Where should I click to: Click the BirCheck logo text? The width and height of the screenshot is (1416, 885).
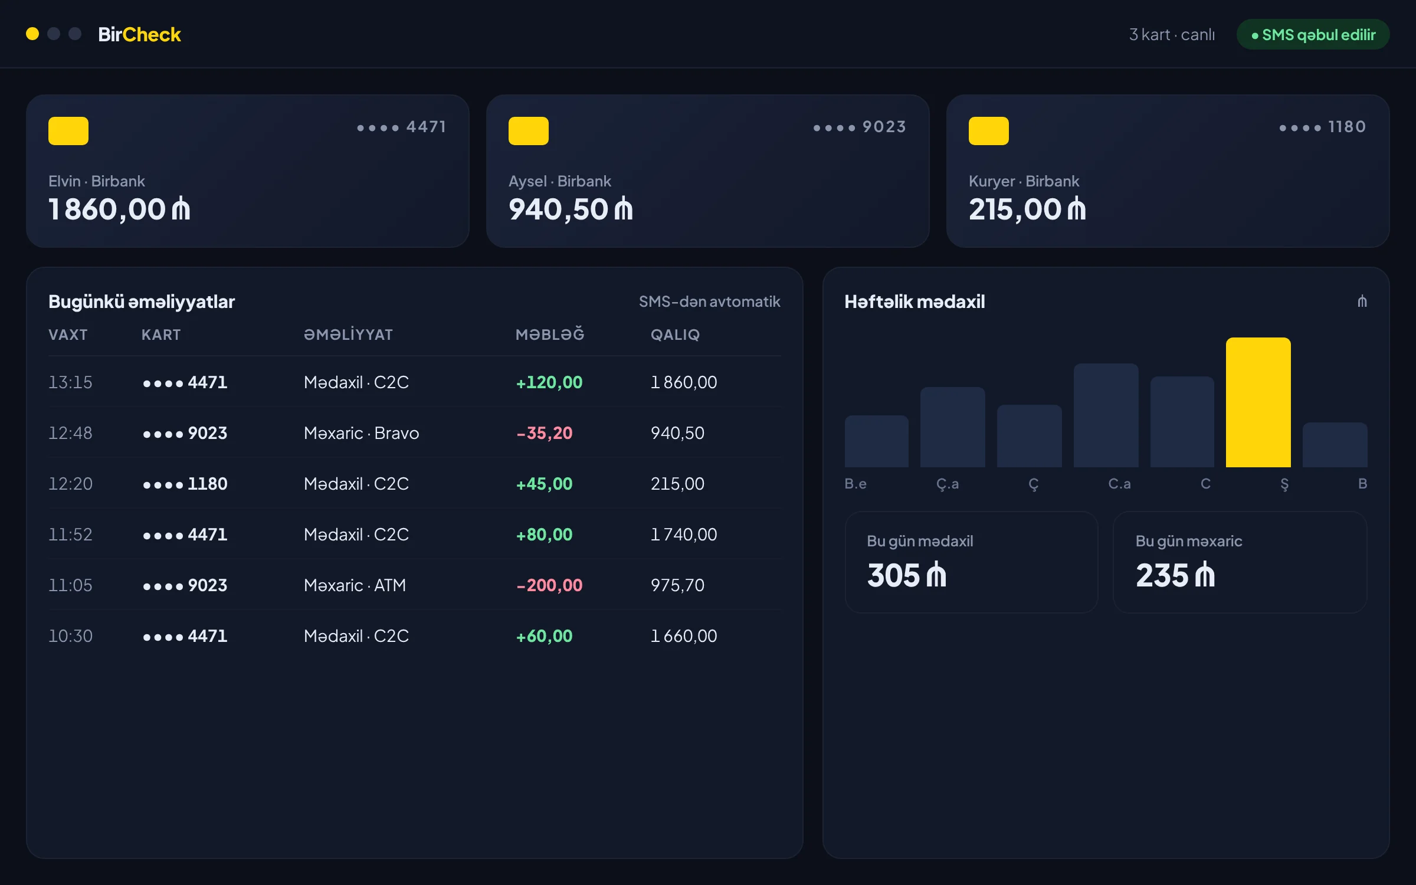click(x=139, y=34)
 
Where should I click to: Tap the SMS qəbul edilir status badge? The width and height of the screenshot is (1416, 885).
click(x=1313, y=34)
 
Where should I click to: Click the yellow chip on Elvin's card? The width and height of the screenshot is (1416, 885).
click(x=68, y=130)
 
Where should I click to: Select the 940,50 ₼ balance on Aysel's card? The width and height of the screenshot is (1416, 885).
click(x=571, y=209)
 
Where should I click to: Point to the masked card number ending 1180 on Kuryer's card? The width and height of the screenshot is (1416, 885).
click(x=1323, y=127)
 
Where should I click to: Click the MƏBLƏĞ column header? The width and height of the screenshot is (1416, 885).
click(x=550, y=334)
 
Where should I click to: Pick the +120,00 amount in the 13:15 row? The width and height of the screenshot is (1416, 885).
click(x=549, y=382)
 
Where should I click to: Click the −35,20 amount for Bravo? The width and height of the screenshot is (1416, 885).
click(x=545, y=433)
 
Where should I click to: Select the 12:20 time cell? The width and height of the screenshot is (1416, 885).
click(x=70, y=484)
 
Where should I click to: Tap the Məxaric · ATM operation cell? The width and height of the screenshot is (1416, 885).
click(x=355, y=585)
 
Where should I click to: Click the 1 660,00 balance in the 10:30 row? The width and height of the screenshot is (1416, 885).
click(x=684, y=636)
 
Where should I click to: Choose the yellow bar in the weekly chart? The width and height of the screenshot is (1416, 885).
click(x=1258, y=402)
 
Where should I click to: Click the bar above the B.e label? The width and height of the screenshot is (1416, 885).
click(x=877, y=441)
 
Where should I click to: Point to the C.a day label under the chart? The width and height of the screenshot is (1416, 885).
click(x=1119, y=484)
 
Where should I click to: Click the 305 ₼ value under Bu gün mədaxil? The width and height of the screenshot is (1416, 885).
click(x=907, y=575)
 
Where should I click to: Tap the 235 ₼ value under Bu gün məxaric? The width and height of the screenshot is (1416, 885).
click(x=1175, y=575)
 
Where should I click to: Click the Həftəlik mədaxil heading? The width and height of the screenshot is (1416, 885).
click(x=914, y=301)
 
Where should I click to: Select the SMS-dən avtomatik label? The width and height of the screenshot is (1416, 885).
click(x=710, y=301)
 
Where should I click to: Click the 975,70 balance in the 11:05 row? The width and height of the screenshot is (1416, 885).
click(x=677, y=585)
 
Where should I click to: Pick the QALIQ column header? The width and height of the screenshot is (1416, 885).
click(x=675, y=335)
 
